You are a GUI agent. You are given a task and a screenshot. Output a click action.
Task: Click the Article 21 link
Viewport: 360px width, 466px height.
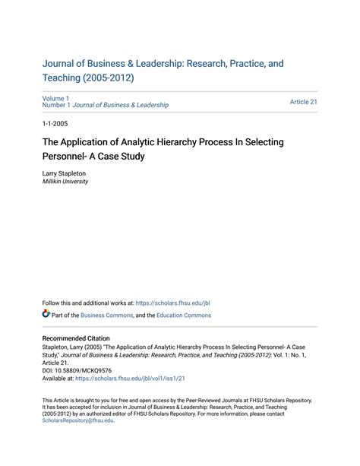(303, 101)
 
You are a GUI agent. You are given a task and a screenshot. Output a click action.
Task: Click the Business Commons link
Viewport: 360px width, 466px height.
(106, 315)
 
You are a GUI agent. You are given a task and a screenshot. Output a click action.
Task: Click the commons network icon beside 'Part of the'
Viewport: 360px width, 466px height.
(46, 315)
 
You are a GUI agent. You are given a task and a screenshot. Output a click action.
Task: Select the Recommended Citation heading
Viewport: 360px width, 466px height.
(76, 338)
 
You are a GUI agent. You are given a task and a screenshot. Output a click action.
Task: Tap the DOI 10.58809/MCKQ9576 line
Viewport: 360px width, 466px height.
(77, 370)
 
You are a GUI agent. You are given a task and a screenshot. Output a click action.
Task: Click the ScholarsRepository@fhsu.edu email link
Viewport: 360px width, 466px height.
(77, 420)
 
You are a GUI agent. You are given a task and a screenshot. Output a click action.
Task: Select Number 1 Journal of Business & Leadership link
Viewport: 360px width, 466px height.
(105, 105)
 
